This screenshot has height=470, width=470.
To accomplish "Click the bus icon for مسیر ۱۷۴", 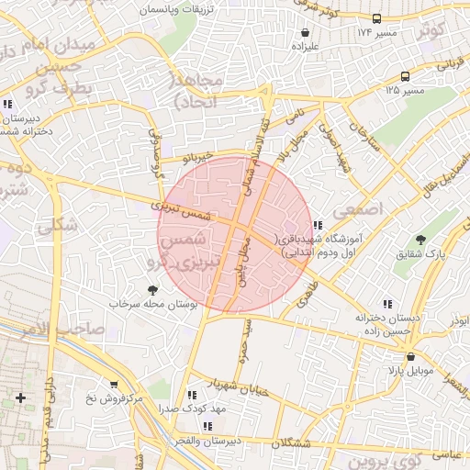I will point(377,18).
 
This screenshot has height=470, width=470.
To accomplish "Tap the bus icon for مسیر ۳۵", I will point(406,76).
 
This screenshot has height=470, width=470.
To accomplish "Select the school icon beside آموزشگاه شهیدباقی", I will point(318,225).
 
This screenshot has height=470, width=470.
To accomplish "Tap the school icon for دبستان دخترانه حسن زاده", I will point(387,303).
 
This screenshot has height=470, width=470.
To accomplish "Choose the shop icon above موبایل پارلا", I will point(409,356).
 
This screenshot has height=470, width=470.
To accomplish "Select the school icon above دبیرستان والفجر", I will point(208,426).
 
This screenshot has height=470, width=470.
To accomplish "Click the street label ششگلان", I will point(304,443).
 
